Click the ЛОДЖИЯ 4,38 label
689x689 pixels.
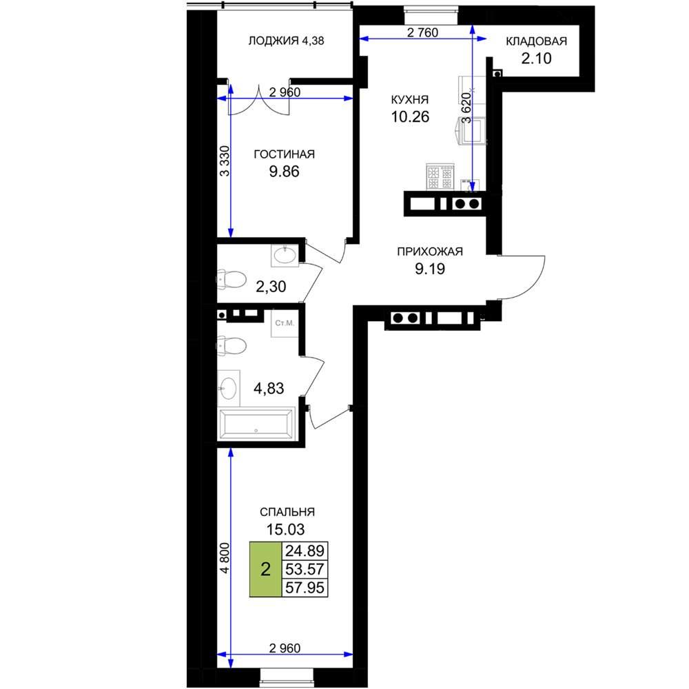click(x=286, y=41)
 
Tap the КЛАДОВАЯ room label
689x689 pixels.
click(x=536, y=41)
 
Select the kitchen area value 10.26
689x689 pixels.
click(x=410, y=117)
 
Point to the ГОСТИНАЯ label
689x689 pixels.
click(x=285, y=154)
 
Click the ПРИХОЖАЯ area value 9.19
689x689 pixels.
click(x=430, y=269)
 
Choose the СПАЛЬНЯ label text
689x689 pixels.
click(x=287, y=512)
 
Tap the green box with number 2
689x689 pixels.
click(x=265, y=570)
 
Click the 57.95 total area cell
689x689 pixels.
click(x=305, y=588)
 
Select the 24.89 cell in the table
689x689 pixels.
click(x=305, y=551)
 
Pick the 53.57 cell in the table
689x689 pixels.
click(x=305, y=569)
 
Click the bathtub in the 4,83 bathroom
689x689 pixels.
click(x=256, y=424)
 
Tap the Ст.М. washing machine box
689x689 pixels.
click(x=285, y=323)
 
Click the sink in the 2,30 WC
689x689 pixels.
click(x=285, y=256)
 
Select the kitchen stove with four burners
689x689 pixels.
click(x=440, y=176)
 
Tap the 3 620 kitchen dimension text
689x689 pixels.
click(x=466, y=107)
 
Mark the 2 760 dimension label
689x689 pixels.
click(x=423, y=32)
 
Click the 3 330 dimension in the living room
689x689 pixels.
click(x=225, y=161)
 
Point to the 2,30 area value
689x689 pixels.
click(x=271, y=287)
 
